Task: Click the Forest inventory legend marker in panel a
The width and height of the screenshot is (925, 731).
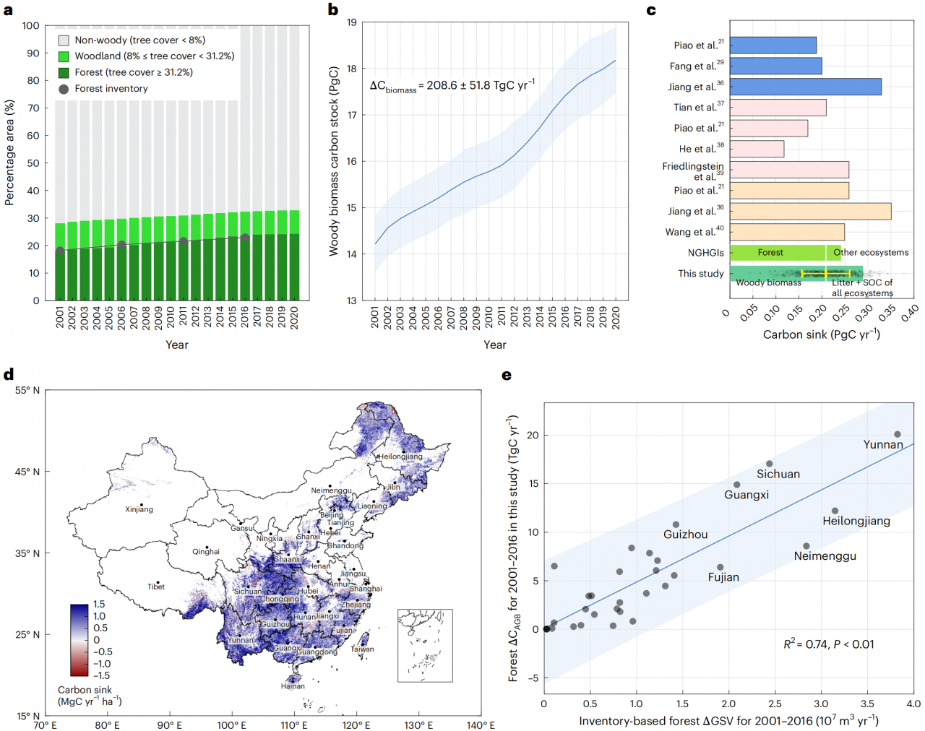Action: [x=64, y=89]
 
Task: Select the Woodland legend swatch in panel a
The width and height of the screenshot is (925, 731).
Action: [x=64, y=56]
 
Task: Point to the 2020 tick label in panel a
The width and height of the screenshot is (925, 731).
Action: [x=294, y=319]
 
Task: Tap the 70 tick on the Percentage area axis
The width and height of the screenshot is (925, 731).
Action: [x=33, y=108]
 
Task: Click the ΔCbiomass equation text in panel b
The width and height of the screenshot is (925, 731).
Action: [x=452, y=85]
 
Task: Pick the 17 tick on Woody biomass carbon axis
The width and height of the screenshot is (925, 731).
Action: [x=352, y=115]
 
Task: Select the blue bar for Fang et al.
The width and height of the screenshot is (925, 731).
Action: [x=775, y=66]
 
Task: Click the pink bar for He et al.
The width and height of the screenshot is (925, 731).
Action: [x=757, y=149]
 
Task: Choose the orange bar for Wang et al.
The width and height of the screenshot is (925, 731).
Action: [x=787, y=232]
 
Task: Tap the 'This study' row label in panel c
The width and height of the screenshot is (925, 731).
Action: [x=700, y=274]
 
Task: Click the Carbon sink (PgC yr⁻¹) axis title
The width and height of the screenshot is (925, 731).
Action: [x=821, y=334]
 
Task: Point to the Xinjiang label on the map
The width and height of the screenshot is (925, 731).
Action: [x=139, y=509]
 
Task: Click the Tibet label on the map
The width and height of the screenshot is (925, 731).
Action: [x=156, y=587]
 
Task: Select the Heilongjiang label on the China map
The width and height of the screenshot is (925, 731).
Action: [x=401, y=457]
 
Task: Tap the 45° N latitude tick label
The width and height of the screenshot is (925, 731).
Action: [x=27, y=472]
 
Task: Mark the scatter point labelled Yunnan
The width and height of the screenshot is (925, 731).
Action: [x=898, y=435]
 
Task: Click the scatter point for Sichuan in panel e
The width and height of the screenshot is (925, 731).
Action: [x=770, y=464]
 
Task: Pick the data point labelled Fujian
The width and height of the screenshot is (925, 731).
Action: [x=720, y=568]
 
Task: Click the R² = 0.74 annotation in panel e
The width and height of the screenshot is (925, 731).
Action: [x=828, y=644]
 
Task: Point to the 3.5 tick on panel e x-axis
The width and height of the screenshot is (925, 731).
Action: [x=867, y=704]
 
